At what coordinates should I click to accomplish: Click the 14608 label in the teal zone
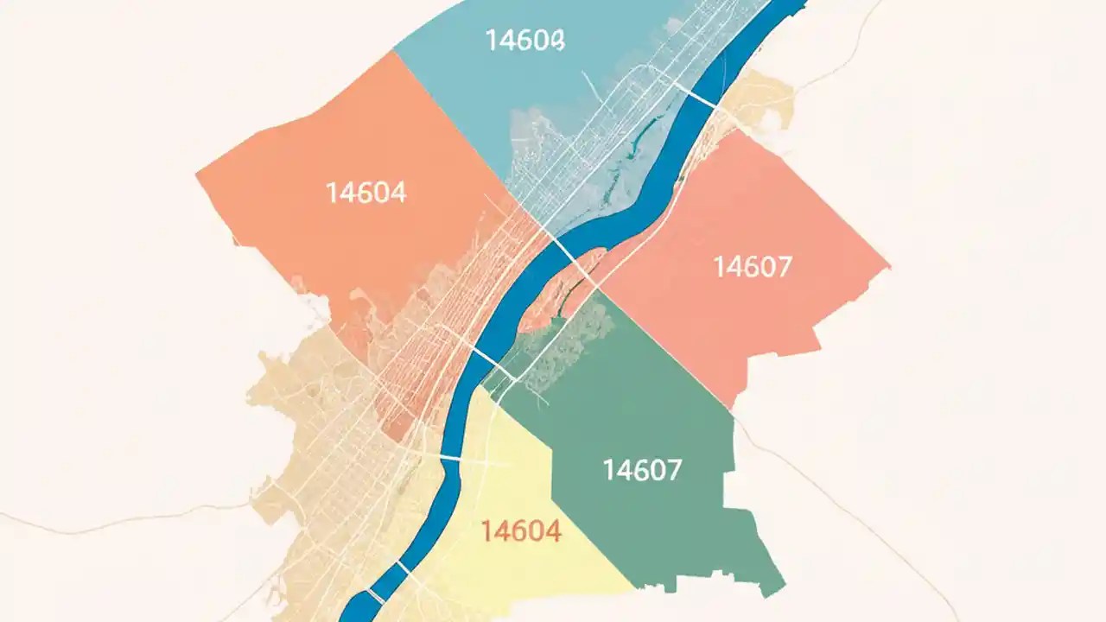click(x=524, y=40)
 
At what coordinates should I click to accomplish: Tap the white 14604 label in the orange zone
click(x=366, y=193)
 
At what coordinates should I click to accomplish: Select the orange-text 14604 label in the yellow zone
click(x=521, y=531)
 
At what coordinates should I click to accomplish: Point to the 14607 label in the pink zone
click(x=752, y=267)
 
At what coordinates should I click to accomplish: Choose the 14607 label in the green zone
click(x=642, y=470)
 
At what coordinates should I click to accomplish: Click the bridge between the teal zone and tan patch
click(x=702, y=97)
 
